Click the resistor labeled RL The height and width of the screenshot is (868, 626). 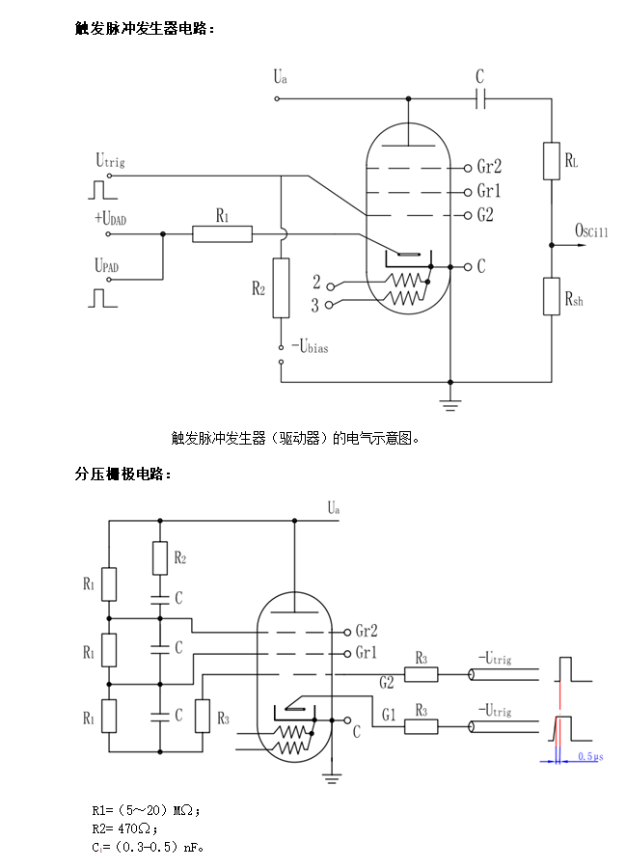click(551, 160)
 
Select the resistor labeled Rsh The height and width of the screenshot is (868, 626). click(551, 295)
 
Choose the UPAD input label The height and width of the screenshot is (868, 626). click(109, 264)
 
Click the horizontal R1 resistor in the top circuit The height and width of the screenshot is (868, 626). click(222, 233)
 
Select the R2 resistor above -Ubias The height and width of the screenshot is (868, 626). click(281, 287)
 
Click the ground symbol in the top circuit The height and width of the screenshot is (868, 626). click(450, 402)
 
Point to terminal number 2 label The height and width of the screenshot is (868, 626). click(315, 282)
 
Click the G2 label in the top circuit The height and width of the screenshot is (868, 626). click(485, 215)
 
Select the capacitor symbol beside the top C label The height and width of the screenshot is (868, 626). click(481, 97)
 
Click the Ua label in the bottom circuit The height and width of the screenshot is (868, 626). click(333, 507)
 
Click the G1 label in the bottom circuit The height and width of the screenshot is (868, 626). click(389, 714)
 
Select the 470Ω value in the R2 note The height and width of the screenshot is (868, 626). click(138, 827)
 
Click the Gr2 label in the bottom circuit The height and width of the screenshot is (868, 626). click(366, 631)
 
